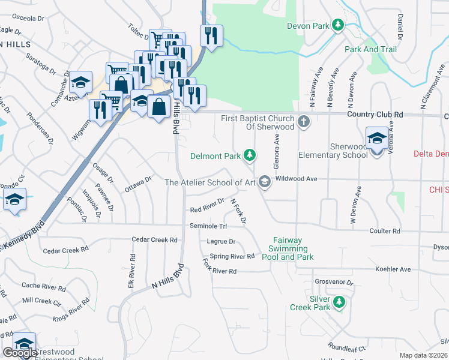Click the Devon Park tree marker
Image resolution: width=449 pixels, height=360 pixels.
[x=339, y=25]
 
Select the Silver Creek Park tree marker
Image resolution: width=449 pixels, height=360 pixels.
[x=339, y=302]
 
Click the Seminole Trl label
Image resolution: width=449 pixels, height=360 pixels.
[x=208, y=226]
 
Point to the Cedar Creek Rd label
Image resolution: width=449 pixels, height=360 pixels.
[x=155, y=239]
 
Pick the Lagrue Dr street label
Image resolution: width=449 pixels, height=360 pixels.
[x=221, y=242]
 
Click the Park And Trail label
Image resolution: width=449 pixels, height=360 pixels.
[x=370, y=49]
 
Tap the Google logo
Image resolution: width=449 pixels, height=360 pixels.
[x=20, y=353]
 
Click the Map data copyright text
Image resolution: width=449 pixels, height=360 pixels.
[x=424, y=355]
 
